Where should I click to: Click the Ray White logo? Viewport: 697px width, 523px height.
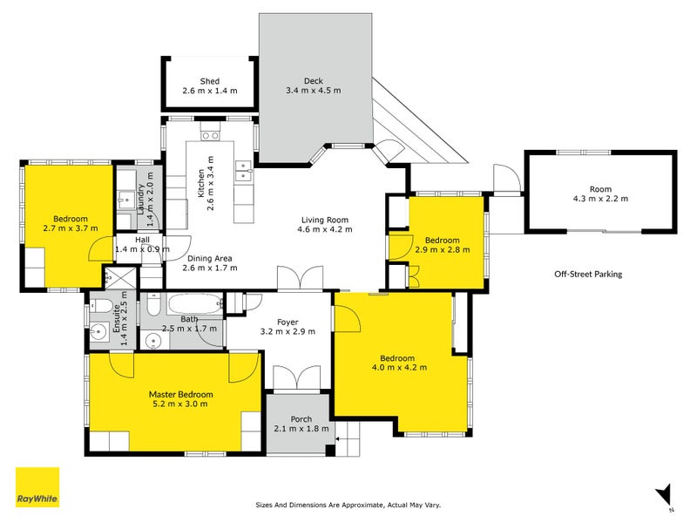(x=37, y=487)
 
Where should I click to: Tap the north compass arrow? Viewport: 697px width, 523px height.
(x=665, y=495)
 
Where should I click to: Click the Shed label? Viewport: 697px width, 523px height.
(x=209, y=81)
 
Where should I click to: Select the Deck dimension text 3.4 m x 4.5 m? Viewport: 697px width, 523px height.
(x=314, y=91)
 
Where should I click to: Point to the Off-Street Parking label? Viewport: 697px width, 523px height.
(x=588, y=274)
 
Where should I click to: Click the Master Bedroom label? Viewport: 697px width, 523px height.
(x=181, y=394)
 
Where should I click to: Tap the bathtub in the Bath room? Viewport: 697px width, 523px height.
(x=195, y=304)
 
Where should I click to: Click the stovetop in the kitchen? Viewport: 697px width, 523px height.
(x=210, y=136)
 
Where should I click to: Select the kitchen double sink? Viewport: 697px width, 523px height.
(x=244, y=171)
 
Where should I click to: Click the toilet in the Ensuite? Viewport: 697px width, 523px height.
(x=101, y=306)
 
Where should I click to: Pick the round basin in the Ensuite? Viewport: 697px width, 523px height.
(x=98, y=331)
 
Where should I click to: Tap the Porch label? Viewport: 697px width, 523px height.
(x=301, y=419)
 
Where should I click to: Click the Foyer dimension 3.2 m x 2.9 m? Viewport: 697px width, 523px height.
(x=288, y=331)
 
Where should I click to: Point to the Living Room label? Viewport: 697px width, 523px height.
(x=325, y=220)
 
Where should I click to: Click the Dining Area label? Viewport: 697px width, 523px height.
(x=209, y=258)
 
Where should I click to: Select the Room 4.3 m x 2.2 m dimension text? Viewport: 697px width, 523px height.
(x=600, y=199)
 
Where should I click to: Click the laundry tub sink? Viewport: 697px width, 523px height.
(x=126, y=198)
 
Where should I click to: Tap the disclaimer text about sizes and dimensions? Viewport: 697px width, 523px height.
(x=348, y=505)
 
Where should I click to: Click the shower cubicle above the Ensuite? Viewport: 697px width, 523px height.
(x=120, y=278)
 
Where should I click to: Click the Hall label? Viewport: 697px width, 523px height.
(x=142, y=240)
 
